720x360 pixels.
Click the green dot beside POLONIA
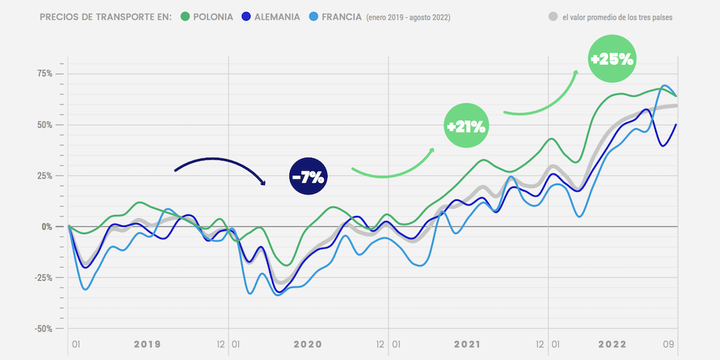(x=185, y=17)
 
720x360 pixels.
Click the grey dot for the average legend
(x=553, y=17)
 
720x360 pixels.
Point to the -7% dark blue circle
(x=309, y=176)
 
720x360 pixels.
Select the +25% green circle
(x=611, y=60)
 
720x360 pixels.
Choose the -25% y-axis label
(x=45, y=278)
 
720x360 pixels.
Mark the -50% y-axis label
(x=45, y=328)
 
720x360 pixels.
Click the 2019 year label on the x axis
(x=147, y=345)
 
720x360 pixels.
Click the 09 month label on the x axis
(x=668, y=345)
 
